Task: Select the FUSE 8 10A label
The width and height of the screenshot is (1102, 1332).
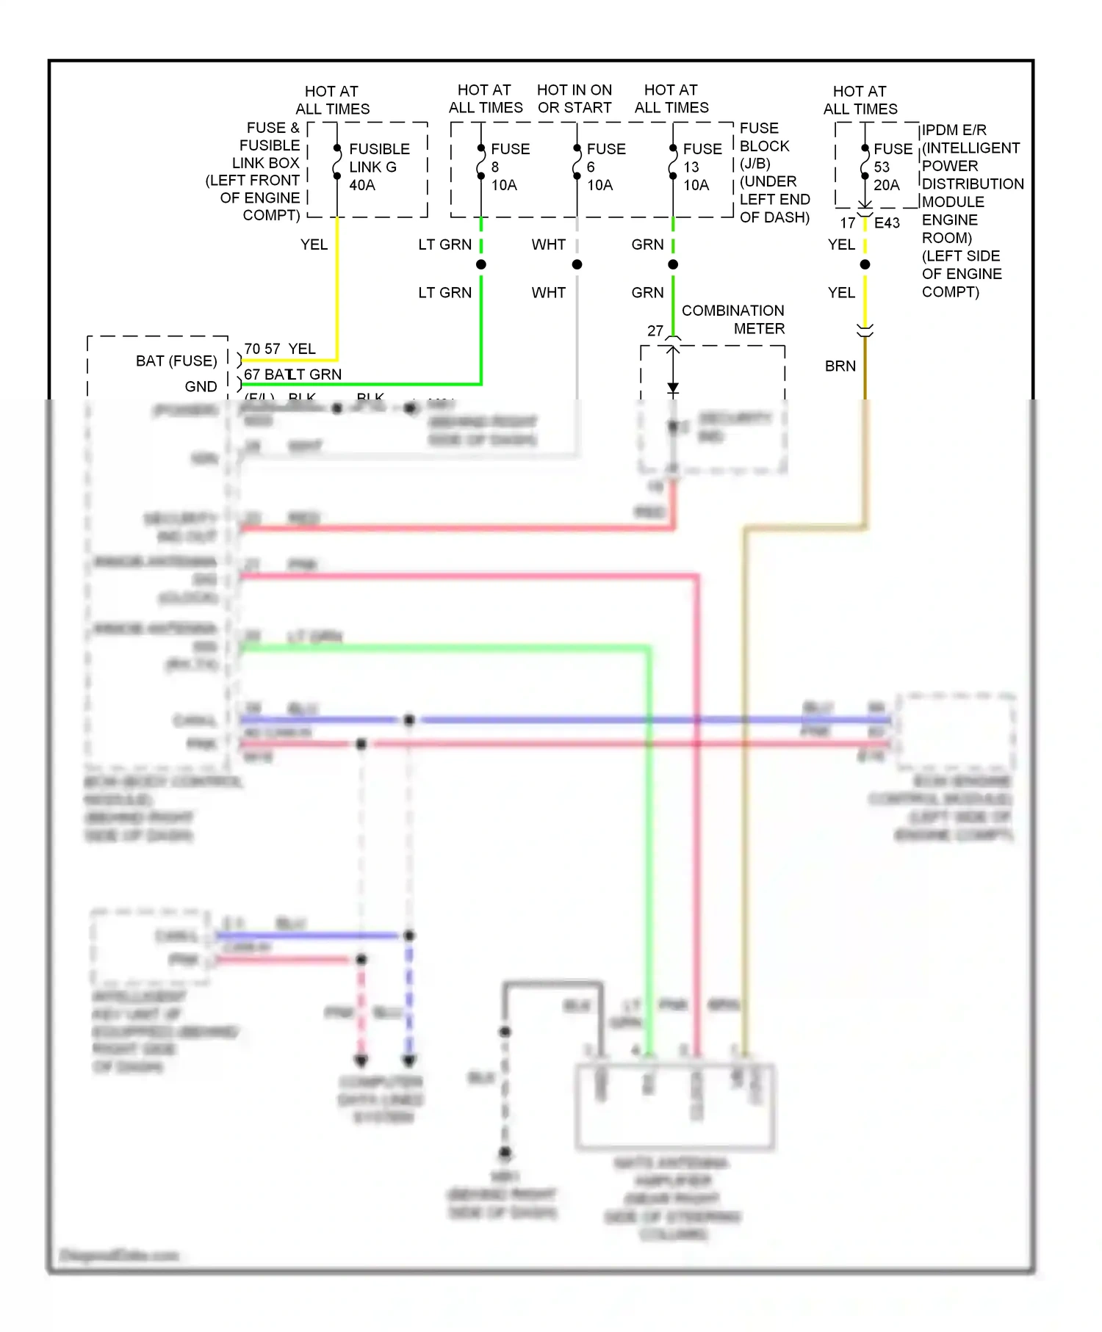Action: pos(509,167)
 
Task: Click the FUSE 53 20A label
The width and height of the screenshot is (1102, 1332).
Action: pos(892,167)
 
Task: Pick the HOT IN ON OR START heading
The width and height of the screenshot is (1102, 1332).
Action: pos(574,99)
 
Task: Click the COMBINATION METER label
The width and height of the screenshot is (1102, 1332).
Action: pos(732,319)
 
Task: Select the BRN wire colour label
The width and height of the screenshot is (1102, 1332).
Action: pos(840,366)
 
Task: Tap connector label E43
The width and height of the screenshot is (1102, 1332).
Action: pos(887,223)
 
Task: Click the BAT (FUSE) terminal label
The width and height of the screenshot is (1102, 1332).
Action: pos(176,361)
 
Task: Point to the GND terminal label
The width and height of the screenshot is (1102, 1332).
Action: pos(201,387)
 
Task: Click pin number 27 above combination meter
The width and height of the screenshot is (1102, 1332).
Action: pos(655,331)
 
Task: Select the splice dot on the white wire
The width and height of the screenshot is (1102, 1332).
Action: pos(577,264)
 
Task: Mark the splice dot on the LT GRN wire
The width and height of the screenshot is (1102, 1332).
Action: pos(481,264)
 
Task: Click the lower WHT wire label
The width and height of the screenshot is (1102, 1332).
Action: pos(548,293)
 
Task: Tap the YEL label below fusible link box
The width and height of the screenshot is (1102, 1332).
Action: pos(314,245)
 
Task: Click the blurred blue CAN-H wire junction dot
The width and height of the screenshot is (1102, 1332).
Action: pos(409,720)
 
